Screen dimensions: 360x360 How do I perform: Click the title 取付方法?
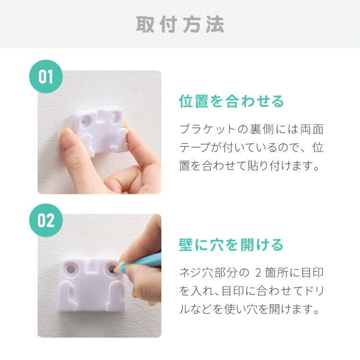point(180,24)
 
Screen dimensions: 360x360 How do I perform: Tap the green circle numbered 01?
point(46,76)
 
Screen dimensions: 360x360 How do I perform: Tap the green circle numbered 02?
point(46,220)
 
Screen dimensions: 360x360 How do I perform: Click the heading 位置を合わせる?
point(231,101)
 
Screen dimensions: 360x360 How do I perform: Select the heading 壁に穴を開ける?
point(231,245)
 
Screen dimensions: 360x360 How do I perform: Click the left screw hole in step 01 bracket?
point(86,120)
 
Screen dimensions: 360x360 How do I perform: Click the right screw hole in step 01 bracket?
point(115,117)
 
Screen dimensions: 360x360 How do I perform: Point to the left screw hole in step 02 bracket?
point(71,269)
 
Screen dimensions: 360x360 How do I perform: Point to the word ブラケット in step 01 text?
point(208,129)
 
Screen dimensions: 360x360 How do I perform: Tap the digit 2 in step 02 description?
point(258,273)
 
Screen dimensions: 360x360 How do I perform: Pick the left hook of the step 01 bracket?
point(89,144)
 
